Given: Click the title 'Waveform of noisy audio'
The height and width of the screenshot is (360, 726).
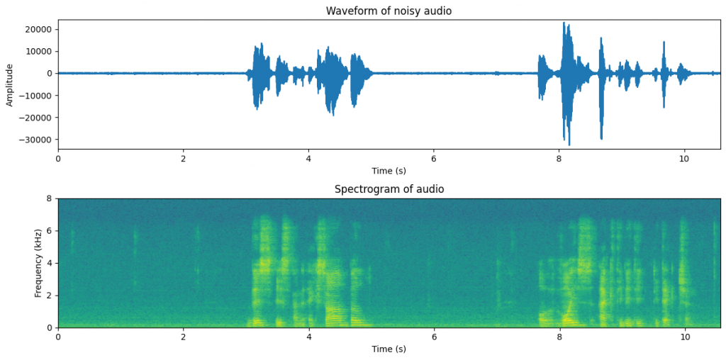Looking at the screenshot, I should click(x=388, y=11).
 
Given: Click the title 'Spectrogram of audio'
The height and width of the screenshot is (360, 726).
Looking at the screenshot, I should click(x=389, y=189).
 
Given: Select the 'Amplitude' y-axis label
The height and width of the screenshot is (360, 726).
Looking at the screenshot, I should click(x=10, y=84).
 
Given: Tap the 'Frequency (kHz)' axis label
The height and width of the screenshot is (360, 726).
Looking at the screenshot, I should click(x=38, y=263).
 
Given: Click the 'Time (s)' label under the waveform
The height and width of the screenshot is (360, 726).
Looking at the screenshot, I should click(x=389, y=171).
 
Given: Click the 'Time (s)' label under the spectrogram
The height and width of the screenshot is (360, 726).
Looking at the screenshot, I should click(x=389, y=349).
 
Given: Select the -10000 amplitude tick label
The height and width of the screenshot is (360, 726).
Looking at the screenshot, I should click(x=37, y=96).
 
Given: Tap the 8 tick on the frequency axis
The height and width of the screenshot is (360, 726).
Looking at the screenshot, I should click(x=49, y=199).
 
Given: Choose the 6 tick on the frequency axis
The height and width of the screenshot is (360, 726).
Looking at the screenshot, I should click(x=49, y=231).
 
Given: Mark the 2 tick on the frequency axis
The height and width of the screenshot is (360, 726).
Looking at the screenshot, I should click(x=49, y=296).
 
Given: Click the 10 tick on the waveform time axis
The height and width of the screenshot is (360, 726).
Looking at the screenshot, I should click(x=684, y=159).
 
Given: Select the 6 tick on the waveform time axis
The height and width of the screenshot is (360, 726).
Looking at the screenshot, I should click(x=434, y=159).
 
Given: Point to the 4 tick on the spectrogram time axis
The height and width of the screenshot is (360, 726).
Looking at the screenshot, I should click(x=308, y=337).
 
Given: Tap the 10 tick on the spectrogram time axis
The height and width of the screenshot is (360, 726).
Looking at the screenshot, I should click(x=684, y=337).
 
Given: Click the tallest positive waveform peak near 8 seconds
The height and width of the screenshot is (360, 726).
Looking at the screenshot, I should click(x=564, y=23).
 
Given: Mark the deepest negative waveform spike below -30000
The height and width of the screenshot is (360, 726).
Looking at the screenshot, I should click(x=569, y=144).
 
